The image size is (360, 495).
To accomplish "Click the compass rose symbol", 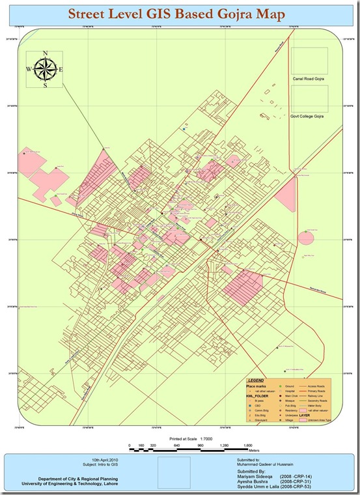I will (45, 68).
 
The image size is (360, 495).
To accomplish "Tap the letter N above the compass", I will (45, 54).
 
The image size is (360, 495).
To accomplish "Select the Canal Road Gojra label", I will (308, 78).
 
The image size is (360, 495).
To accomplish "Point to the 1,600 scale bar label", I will (247, 446).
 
